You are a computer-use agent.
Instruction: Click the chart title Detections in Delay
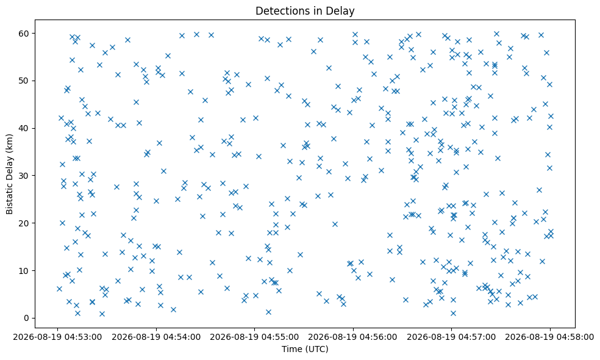click(305, 11)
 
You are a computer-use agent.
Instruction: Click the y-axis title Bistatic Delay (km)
click(10, 175)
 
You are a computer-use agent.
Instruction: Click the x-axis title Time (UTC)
click(305, 349)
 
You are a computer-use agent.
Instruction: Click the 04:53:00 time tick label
click(57, 337)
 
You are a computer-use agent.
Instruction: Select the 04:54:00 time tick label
click(156, 337)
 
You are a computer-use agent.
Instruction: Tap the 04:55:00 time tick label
click(254, 337)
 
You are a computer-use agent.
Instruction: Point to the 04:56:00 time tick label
click(353, 337)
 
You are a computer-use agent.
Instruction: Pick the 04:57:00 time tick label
click(452, 337)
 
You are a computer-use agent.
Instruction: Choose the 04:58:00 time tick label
click(550, 337)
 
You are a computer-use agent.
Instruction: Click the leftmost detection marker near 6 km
click(59, 289)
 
